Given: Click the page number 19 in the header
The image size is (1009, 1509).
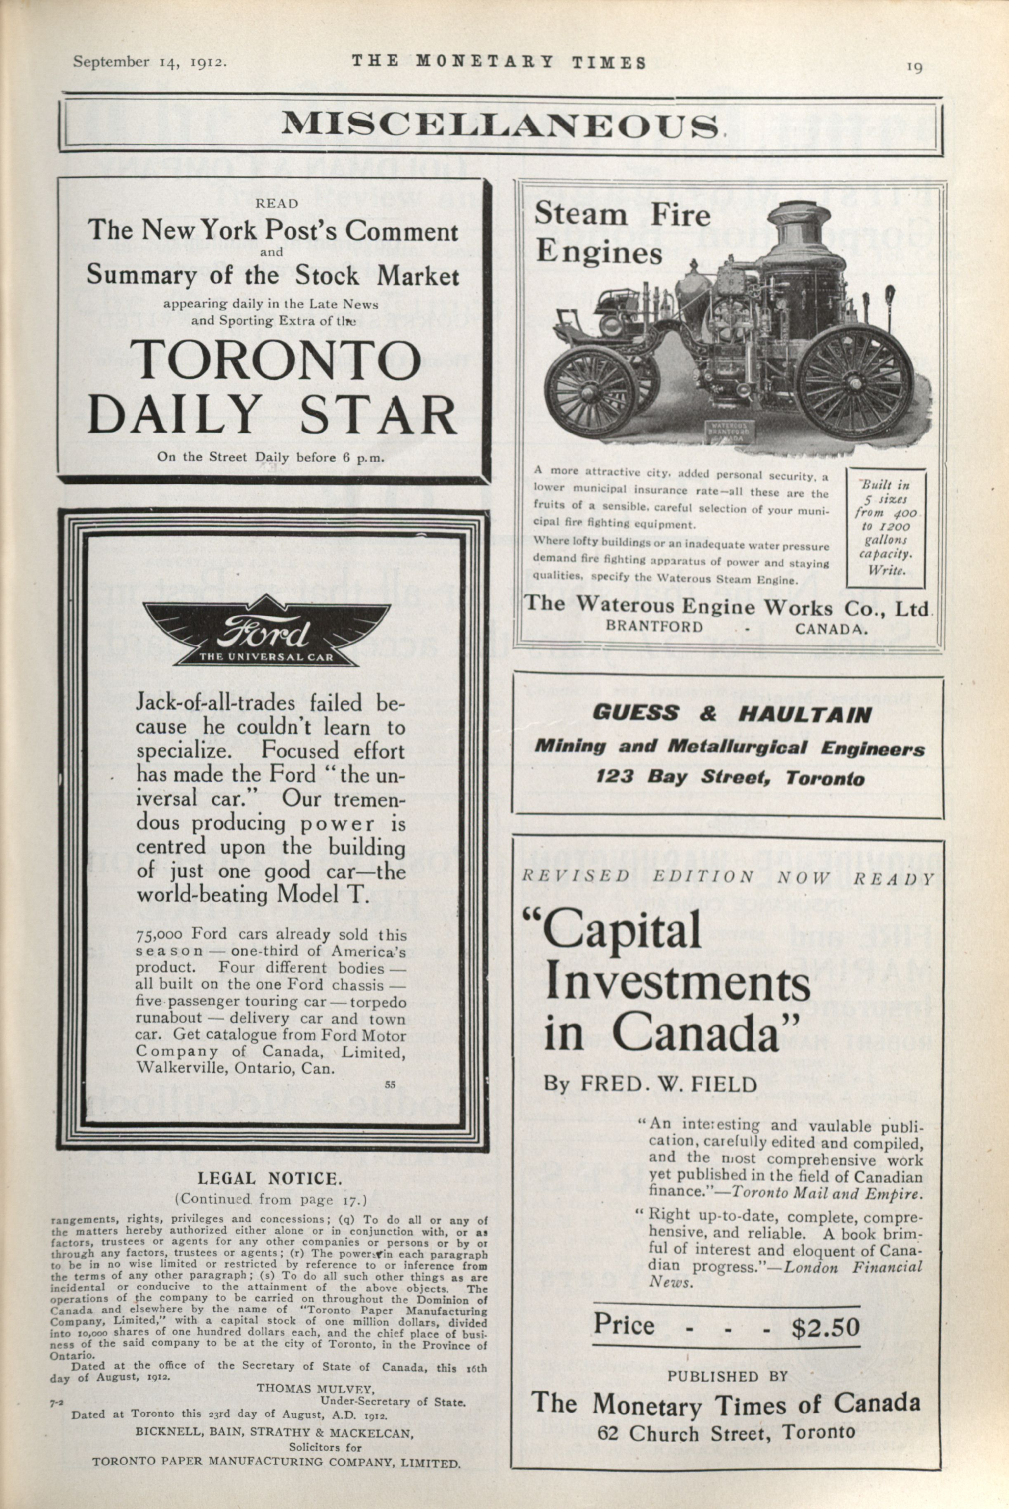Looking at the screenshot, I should coord(914,67).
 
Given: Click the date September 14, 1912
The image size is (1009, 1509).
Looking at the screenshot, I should coord(149,62).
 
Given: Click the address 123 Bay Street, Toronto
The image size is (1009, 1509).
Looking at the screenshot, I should coord(730,777).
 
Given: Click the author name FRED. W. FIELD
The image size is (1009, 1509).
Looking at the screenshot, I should coord(669,1083).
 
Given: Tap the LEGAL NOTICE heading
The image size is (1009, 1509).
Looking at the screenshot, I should coord(269,1179).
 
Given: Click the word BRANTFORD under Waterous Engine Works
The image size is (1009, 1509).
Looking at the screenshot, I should coord(655,627).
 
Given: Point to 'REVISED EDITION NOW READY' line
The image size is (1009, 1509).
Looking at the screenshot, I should coord(727,876).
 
